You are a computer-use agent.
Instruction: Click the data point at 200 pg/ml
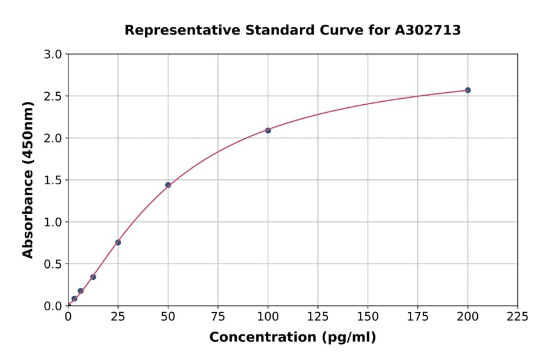click(467, 90)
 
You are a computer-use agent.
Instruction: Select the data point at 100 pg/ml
click(268, 130)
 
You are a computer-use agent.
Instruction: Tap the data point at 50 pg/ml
click(168, 185)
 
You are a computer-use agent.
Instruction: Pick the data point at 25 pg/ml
click(118, 242)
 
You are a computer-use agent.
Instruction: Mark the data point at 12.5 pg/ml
click(93, 277)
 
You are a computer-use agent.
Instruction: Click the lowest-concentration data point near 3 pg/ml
click(74, 298)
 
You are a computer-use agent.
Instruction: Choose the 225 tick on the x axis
click(517, 316)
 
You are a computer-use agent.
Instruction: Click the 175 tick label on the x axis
click(417, 316)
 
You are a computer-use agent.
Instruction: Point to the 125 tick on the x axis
click(318, 316)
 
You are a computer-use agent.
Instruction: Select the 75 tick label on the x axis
click(218, 316)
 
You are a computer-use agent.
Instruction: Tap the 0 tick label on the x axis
click(68, 316)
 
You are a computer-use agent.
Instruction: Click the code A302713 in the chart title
click(428, 30)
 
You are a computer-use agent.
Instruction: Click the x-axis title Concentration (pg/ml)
click(292, 338)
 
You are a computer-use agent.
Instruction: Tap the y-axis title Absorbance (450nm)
click(28, 179)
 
